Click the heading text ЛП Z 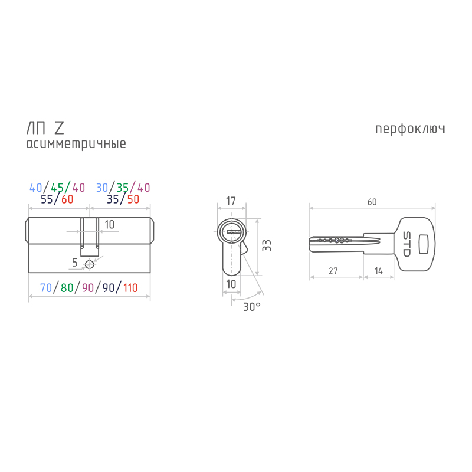45,128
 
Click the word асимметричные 76,144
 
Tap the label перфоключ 410,129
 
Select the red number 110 130,288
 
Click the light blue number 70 46,288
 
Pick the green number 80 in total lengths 67,288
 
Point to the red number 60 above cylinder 67,199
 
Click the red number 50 133,199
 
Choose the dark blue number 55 47,199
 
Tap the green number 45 57,188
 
